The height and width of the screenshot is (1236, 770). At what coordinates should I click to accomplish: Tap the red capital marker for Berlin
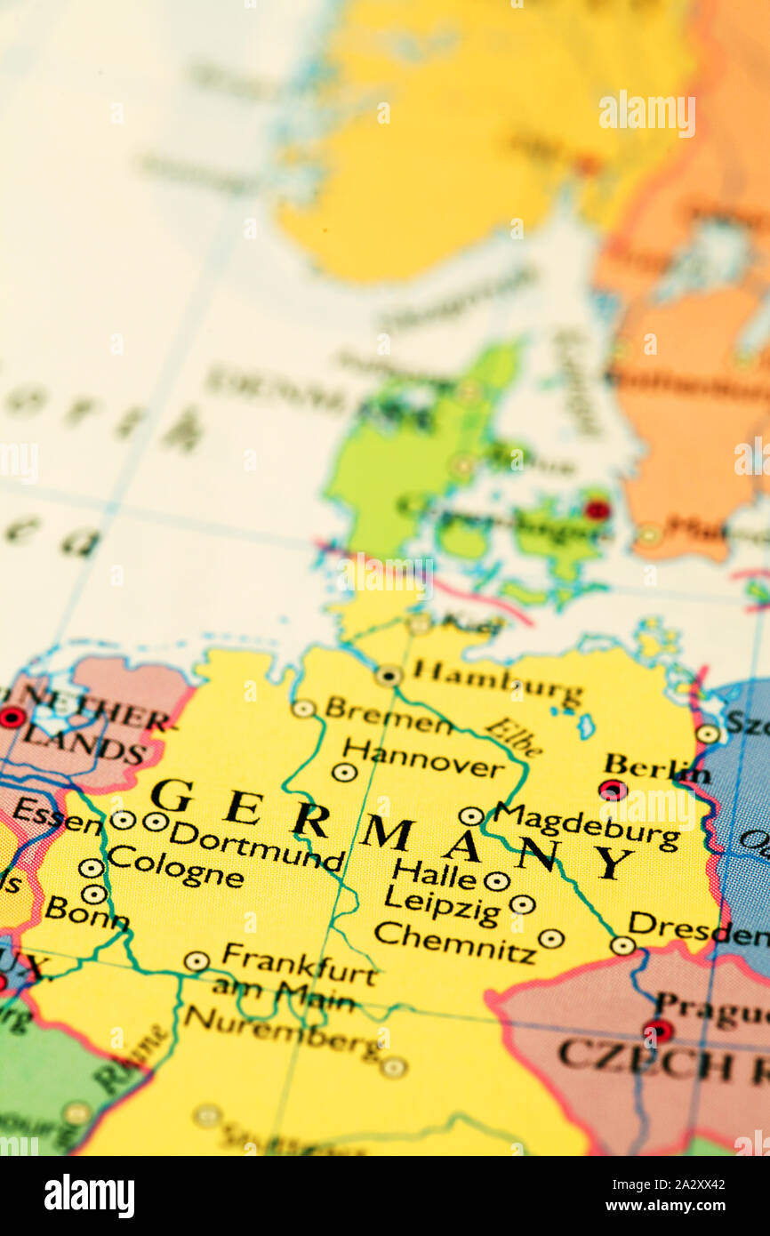[612, 790]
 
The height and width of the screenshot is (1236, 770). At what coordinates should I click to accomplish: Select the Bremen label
[389, 717]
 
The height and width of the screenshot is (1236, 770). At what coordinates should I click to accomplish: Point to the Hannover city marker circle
[344, 773]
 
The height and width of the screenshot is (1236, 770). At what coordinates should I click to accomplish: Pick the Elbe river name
[514, 736]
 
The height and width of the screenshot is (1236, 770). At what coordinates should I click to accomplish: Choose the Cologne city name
[175, 866]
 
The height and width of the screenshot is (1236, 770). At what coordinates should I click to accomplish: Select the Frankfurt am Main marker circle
[197, 961]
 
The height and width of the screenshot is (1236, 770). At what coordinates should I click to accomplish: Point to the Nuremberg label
[282, 1031]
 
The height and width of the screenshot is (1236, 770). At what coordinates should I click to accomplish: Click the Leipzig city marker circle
[522, 904]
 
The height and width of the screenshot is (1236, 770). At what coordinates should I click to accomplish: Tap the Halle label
[434, 874]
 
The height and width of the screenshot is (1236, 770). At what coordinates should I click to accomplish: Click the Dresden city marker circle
[622, 945]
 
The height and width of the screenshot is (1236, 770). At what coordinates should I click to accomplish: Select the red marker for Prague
[657, 1031]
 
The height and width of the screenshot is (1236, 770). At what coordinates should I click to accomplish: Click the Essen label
[57, 816]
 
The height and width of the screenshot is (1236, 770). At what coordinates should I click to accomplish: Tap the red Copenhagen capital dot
[598, 510]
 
